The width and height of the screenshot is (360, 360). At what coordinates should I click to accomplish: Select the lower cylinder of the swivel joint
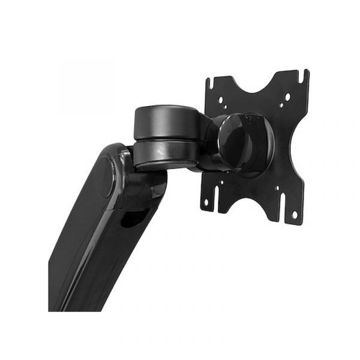click(x=164, y=154)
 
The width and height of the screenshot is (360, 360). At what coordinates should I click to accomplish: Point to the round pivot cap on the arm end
click(x=105, y=176)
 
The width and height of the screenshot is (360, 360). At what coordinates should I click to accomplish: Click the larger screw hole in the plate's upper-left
click(x=221, y=100)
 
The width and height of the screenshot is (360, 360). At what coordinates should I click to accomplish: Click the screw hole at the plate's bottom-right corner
click(x=293, y=214)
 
